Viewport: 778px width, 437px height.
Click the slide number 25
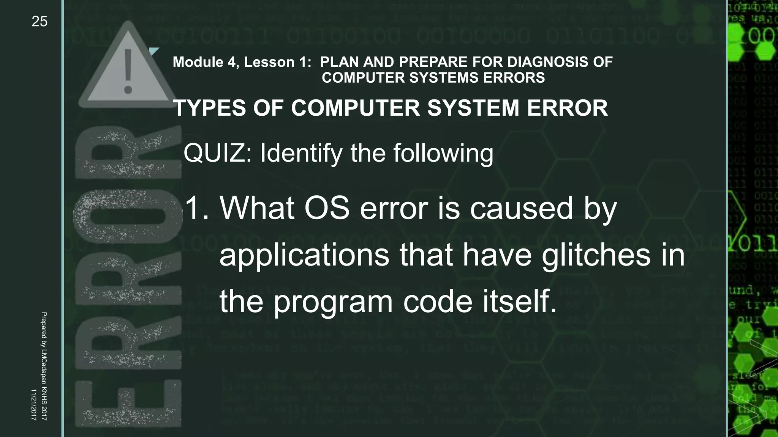click(40, 22)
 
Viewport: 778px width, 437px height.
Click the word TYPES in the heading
click(209, 108)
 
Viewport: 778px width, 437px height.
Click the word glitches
click(596, 255)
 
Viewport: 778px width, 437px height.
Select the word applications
click(304, 256)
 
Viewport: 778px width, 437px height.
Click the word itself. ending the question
click(519, 301)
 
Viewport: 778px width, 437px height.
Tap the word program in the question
click(333, 302)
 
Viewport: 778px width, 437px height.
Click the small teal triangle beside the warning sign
click(153, 51)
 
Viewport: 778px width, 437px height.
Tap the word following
click(443, 153)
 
